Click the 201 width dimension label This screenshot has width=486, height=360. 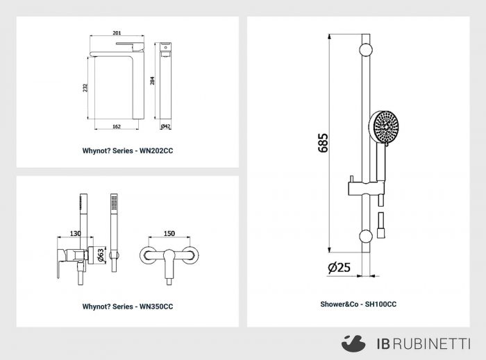tap(117, 33)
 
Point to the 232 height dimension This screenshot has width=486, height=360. tap(85, 87)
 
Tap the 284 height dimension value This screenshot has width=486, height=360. tap(152, 80)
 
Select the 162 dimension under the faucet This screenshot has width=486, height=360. tap(117, 126)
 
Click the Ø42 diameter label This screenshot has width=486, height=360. tap(165, 126)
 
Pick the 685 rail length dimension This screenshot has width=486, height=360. tap(323, 143)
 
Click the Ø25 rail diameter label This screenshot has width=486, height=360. tap(339, 267)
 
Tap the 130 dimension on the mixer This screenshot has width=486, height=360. tap(75, 233)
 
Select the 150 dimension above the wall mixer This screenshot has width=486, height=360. tap(169, 233)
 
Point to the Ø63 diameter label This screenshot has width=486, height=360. tap(101, 255)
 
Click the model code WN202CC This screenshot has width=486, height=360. tap(156, 151)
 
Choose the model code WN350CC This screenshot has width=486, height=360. tap(156, 307)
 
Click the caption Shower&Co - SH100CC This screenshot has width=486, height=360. tap(358, 305)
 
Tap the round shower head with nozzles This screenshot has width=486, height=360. tap(384, 126)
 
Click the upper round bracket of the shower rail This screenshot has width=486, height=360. tap(366, 49)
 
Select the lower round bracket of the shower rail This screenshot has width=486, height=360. tap(366, 236)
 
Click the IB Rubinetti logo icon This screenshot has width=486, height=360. tap(353, 343)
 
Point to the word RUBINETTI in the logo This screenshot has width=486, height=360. tap(433, 344)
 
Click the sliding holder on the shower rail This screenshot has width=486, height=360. tap(367, 188)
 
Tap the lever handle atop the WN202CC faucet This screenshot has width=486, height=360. tap(131, 46)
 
